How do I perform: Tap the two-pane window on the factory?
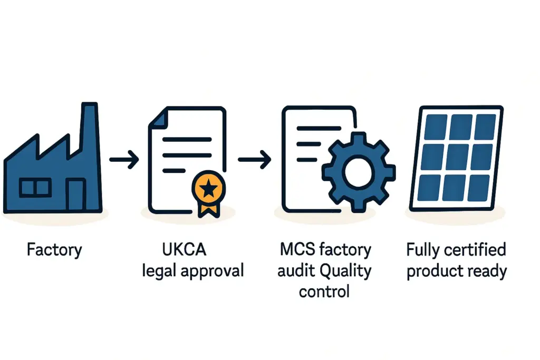pos(35,187)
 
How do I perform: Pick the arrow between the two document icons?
pos(255,159)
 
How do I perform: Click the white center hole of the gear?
pos(359,170)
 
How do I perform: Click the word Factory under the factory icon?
pos(54,250)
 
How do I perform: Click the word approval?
pos(213,272)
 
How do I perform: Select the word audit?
pos(296,271)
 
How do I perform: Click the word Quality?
pos(344,272)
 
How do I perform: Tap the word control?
pos(324,291)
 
